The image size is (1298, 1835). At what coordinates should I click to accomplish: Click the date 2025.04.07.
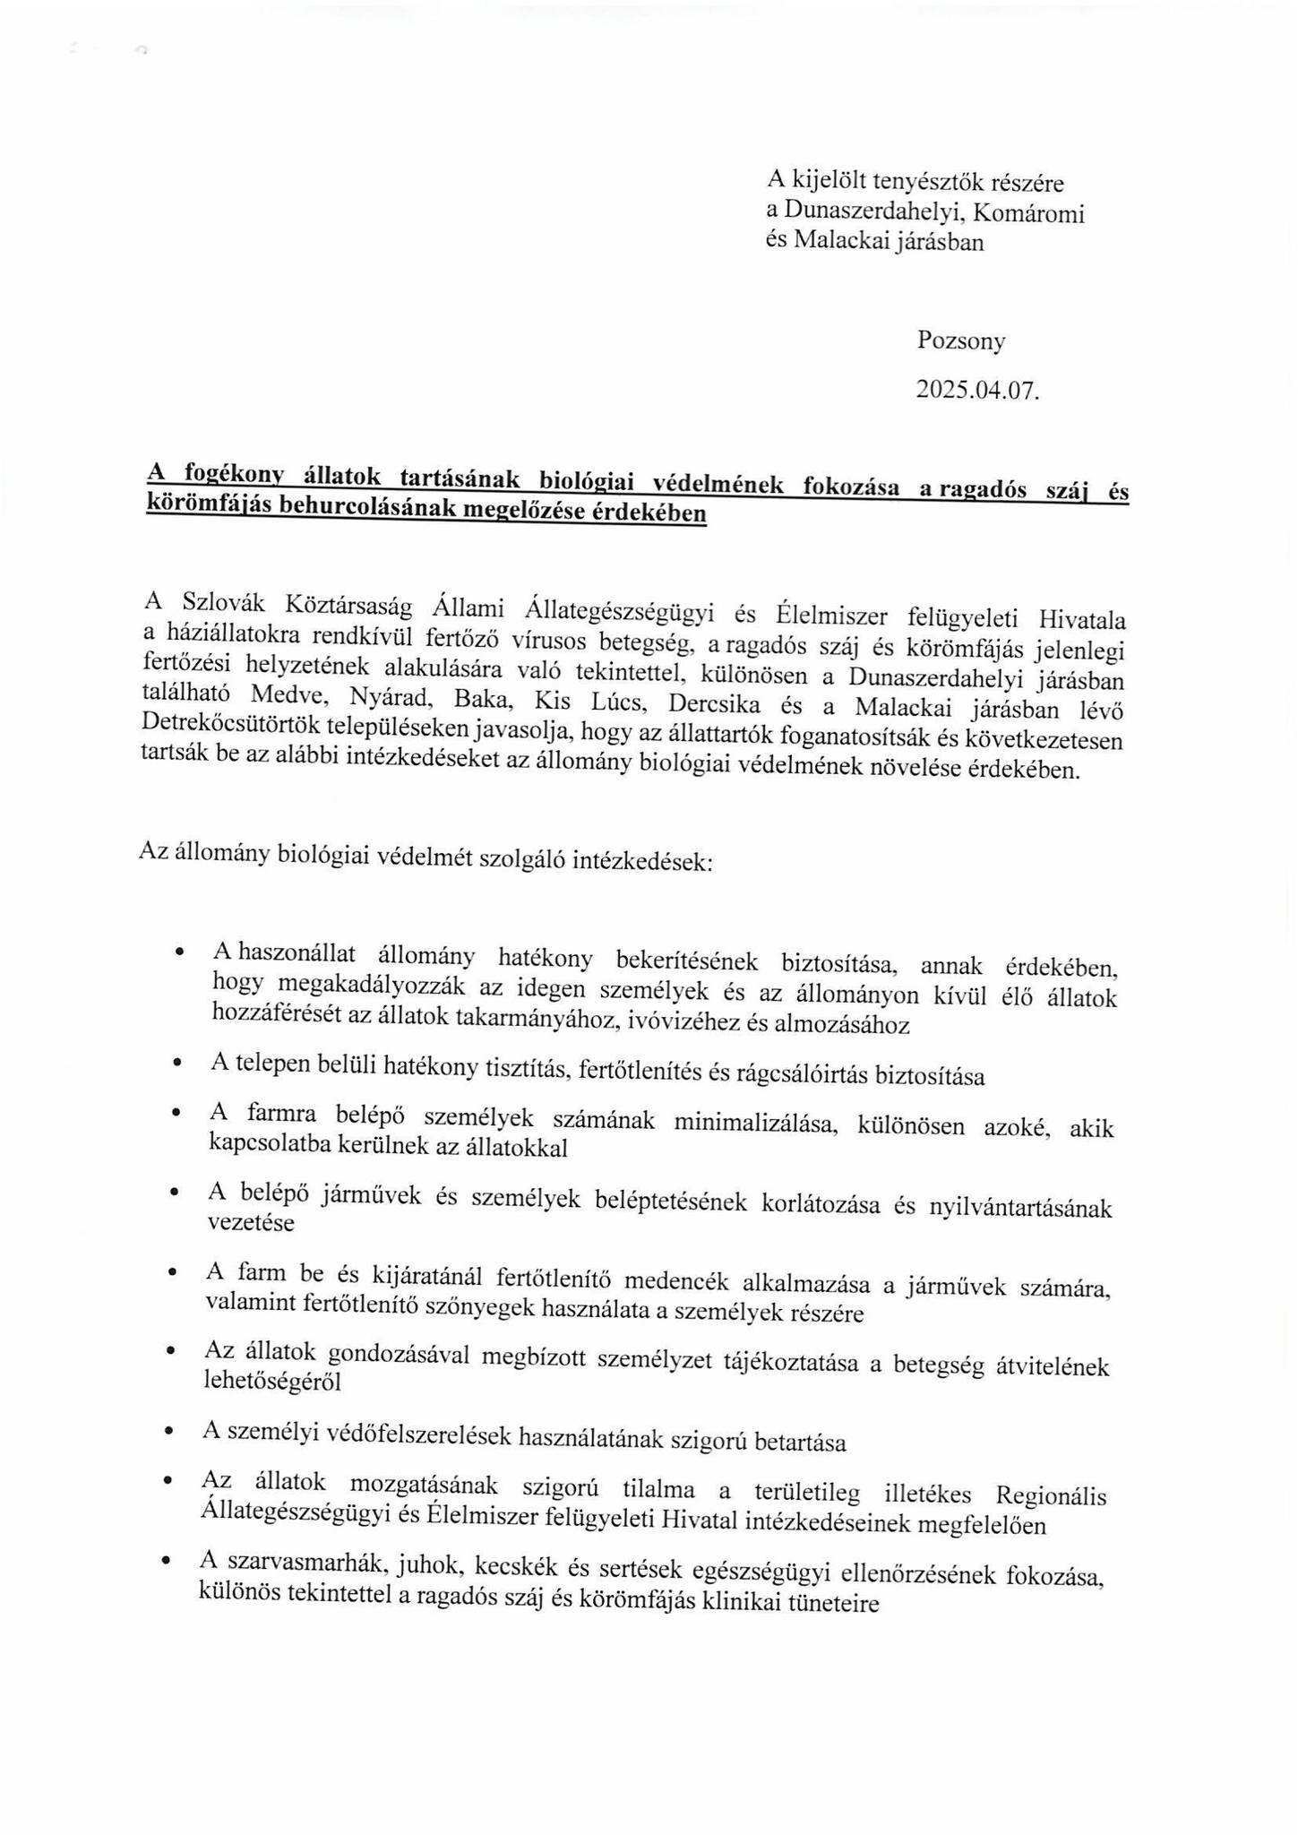click(x=976, y=390)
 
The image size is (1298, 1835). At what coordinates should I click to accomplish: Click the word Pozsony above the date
click(x=960, y=340)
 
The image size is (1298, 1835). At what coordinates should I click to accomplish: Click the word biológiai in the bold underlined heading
click(x=586, y=482)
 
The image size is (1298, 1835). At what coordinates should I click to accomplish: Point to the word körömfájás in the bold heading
click(x=210, y=504)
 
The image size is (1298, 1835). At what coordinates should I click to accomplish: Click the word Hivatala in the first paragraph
click(x=1082, y=619)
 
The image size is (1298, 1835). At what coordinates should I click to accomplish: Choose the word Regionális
click(x=1051, y=1495)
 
